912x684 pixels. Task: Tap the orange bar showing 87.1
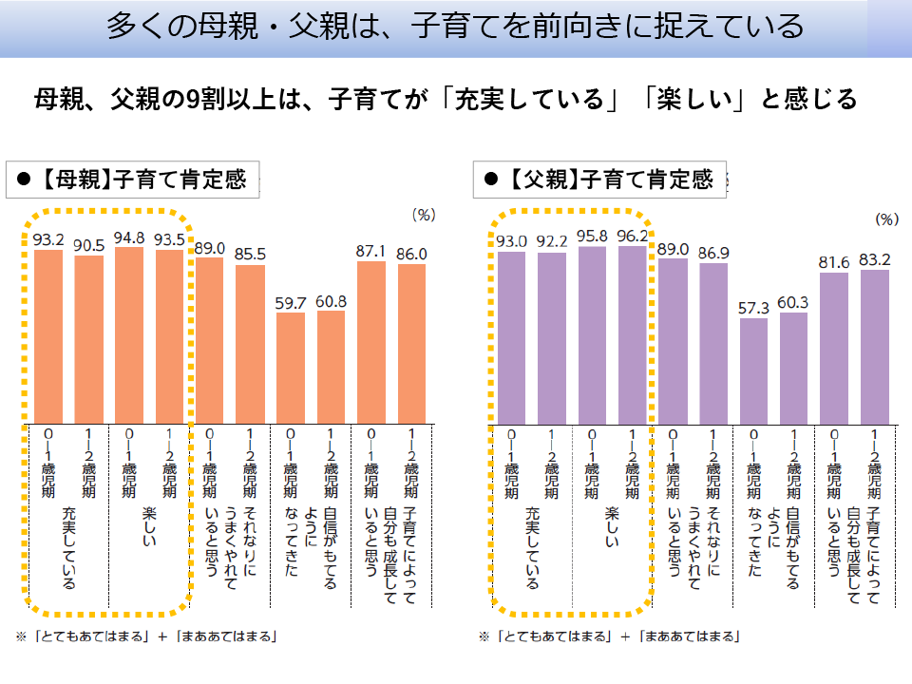click(x=371, y=341)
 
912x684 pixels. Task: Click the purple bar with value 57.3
click(x=753, y=370)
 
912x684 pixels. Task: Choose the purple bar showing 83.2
click(x=875, y=346)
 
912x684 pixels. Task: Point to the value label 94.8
click(x=129, y=237)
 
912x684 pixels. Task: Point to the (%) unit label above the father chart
click(x=885, y=218)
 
